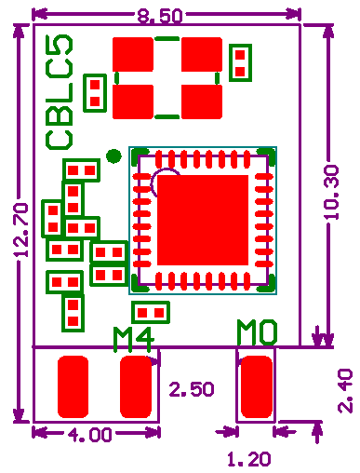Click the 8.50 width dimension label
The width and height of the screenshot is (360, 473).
tap(160, 16)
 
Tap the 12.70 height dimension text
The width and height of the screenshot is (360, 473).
tap(21, 230)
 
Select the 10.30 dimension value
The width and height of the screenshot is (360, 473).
tap(331, 193)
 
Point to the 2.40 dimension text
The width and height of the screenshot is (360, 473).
tap(345, 391)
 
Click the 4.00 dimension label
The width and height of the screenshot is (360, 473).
tap(89, 435)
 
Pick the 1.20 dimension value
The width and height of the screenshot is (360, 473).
tap(249, 459)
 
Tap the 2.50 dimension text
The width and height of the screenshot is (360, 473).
tap(192, 389)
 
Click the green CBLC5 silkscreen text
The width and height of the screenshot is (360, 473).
tap(60, 92)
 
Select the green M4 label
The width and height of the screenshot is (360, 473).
tap(134, 340)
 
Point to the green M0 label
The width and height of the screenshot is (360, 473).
tap(257, 332)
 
